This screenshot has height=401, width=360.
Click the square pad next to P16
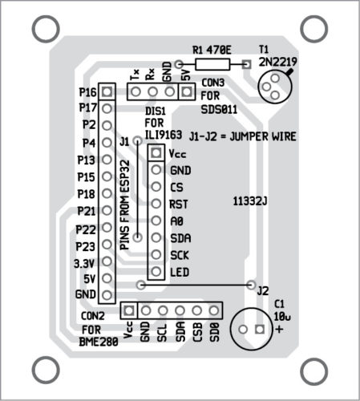point(107,91)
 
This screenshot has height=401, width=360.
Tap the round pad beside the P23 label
point(107,245)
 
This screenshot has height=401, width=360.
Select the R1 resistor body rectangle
point(212,64)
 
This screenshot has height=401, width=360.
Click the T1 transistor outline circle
point(275,87)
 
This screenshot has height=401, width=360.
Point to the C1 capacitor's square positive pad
point(260,329)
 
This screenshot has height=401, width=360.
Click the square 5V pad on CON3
point(187,91)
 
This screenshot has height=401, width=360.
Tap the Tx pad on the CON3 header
point(136,91)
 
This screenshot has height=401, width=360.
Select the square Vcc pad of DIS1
point(156,152)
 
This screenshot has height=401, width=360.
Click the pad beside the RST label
point(156,204)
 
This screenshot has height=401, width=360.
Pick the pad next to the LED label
point(156,272)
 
